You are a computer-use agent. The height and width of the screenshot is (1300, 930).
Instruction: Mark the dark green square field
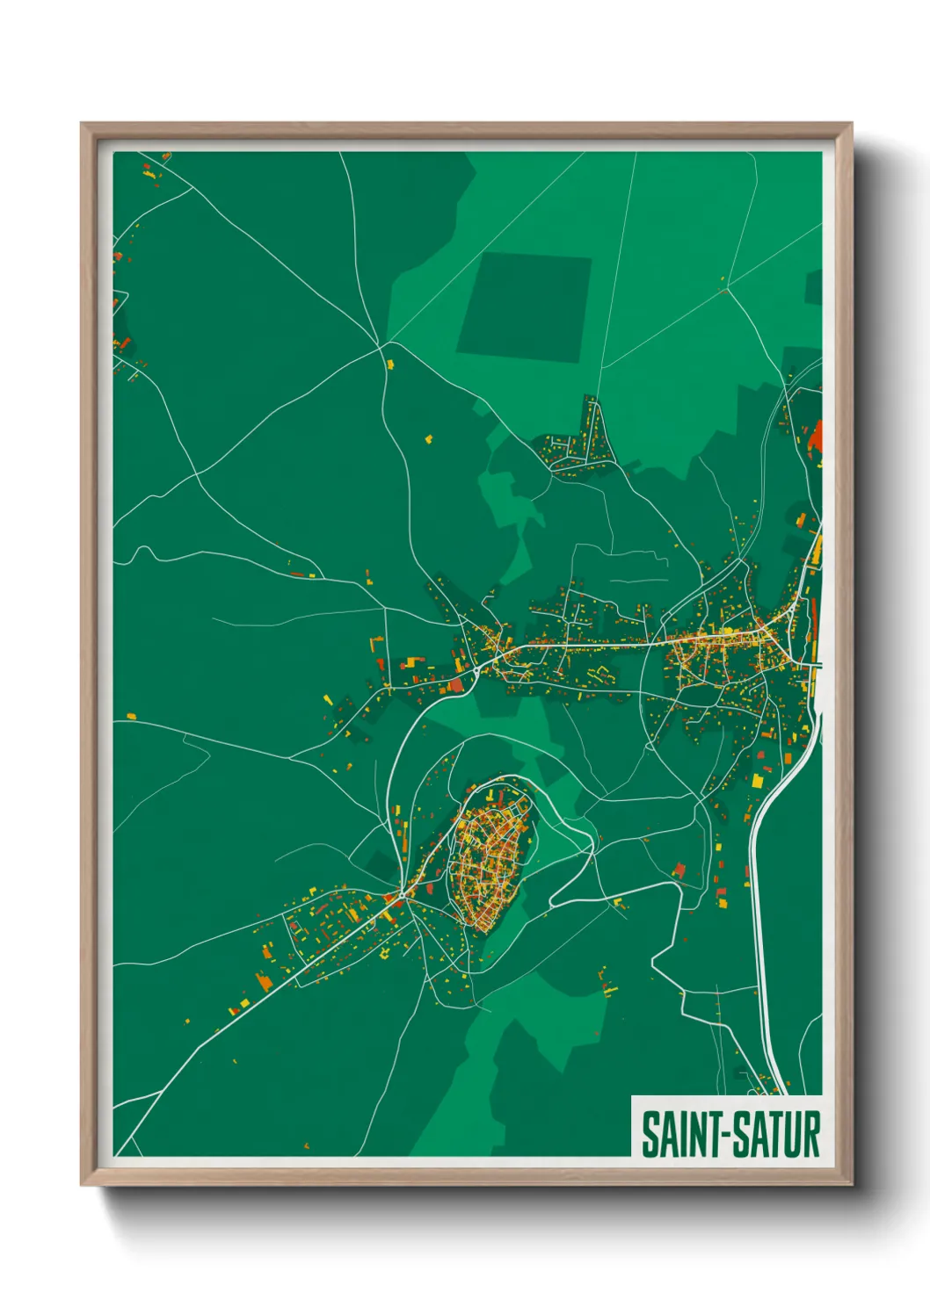[524, 305]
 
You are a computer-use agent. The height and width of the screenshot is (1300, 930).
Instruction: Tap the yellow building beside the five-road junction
[389, 364]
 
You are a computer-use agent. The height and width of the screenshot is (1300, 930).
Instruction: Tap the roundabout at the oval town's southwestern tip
[403, 895]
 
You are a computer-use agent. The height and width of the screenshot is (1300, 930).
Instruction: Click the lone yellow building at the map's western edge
[131, 716]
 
